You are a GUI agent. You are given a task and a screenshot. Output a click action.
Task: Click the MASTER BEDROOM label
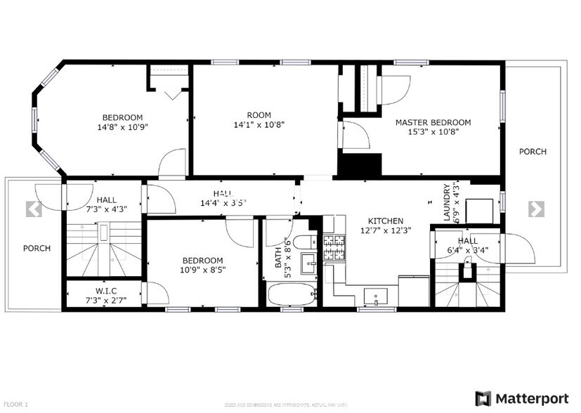pos(433,122)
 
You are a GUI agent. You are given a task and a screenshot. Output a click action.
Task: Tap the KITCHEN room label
pos(385,220)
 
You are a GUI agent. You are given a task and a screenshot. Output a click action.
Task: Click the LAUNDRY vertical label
pos(447,203)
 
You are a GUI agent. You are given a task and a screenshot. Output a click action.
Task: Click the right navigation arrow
pos(536,209)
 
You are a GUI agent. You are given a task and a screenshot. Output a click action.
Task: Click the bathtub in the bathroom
pos(292,294)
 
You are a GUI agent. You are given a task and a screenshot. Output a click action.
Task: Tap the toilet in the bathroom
pos(306,242)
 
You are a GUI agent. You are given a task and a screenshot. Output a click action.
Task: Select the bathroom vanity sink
pos(309,265)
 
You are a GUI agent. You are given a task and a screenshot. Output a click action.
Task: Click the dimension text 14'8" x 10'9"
pos(122,127)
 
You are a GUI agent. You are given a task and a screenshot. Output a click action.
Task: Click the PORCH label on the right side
pos(533,152)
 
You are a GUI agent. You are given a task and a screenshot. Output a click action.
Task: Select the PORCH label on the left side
pos(36,248)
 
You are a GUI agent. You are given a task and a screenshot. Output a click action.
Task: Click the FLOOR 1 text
pos(15,404)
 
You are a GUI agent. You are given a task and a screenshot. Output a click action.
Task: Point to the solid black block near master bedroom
pos(360,166)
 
